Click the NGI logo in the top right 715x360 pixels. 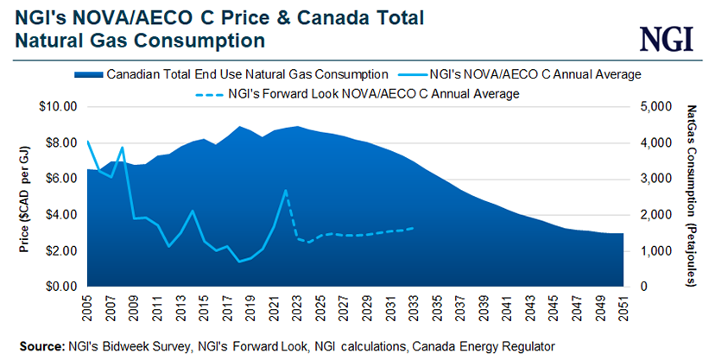click(x=668, y=37)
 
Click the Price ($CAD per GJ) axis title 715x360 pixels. click(x=24, y=197)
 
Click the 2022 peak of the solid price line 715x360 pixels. click(x=286, y=190)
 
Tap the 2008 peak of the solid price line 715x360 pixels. click(x=123, y=147)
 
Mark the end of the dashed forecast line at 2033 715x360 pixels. click(x=413, y=228)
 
